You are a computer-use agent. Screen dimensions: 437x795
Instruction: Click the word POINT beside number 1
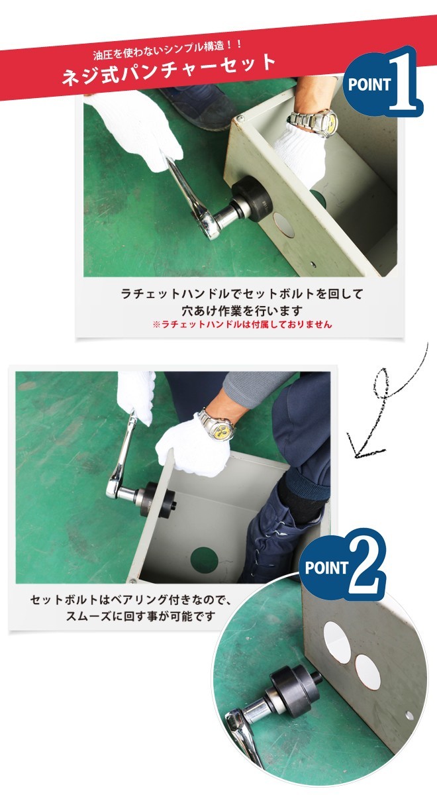(x=369, y=85)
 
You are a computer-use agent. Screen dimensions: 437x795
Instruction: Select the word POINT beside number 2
(x=326, y=567)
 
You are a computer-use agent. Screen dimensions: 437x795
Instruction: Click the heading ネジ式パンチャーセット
(x=169, y=69)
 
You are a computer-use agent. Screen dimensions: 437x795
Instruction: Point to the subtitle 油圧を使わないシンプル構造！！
(x=168, y=50)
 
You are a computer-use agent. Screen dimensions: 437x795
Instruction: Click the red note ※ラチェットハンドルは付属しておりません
(x=242, y=324)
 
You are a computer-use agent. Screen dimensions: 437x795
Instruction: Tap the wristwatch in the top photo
(x=312, y=122)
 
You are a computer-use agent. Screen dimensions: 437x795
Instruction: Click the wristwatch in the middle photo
(x=217, y=425)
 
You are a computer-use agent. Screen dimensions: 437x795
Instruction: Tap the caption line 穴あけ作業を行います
(x=242, y=310)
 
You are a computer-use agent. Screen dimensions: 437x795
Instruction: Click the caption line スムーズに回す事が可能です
(x=140, y=616)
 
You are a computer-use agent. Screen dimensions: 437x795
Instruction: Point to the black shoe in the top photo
(x=198, y=107)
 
